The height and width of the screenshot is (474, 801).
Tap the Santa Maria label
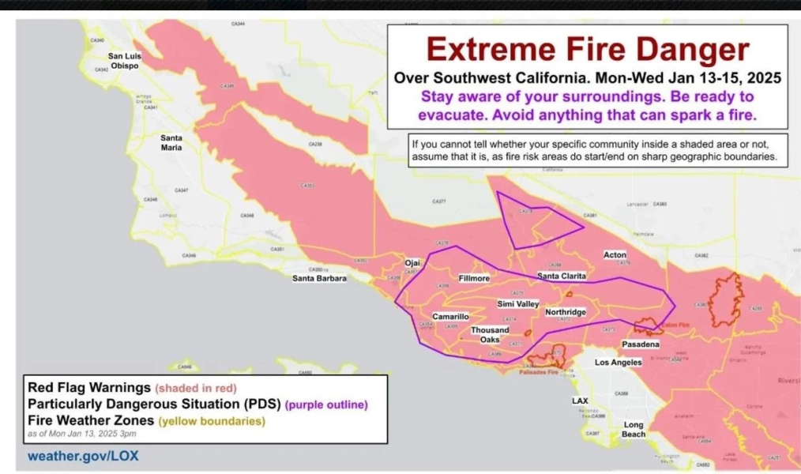(x=171, y=142)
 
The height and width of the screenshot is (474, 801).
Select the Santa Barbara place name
(x=319, y=278)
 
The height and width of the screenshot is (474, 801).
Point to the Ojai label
(x=412, y=263)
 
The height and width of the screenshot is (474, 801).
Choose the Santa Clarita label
(x=561, y=276)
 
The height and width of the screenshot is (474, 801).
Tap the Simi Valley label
(x=517, y=304)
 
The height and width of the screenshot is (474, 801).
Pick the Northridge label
(x=566, y=312)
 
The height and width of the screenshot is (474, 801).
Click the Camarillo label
(x=450, y=317)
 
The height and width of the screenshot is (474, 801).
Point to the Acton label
(x=615, y=255)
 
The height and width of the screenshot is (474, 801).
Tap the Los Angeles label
(x=618, y=363)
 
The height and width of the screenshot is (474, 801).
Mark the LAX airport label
(x=580, y=401)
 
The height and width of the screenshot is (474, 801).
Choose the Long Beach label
(x=634, y=429)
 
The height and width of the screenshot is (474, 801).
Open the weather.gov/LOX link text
(x=83, y=456)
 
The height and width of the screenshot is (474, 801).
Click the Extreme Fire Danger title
(x=587, y=51)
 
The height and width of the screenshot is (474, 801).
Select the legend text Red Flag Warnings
(x=89, y=388)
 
